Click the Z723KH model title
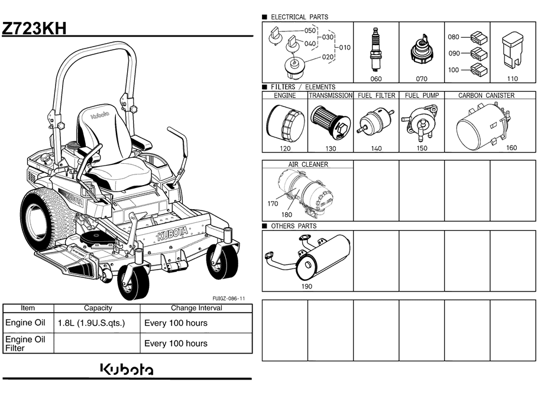[x=34, y=28]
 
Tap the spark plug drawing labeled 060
[x=374, y=49]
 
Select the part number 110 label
[x=512, y=79]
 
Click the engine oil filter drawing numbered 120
[x=285, y=123]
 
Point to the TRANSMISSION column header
[x=331, y=95]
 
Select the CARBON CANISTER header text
[x=486, y=95]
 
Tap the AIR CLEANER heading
[x=308, y=164]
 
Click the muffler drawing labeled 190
[x=307, y=257]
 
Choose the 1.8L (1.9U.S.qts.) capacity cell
[x=91, y=323]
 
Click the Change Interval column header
[x=196, y=308]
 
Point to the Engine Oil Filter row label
[x=25, y=344]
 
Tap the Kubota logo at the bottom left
[x=127, y=369]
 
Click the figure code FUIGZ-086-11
[x=229, y=298]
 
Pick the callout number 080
[x=453, y=37]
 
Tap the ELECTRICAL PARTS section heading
[x=299, y=17]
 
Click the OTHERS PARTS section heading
[x=293, y=226]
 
